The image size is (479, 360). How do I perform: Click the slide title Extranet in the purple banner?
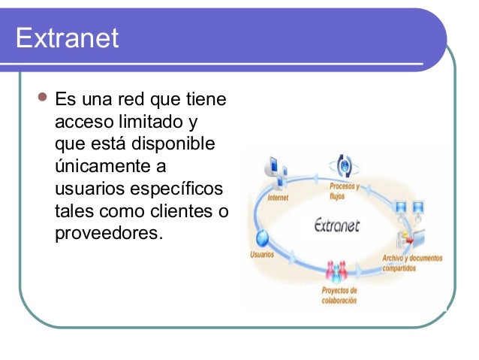(67, 38)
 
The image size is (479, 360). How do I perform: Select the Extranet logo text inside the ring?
(338, 225)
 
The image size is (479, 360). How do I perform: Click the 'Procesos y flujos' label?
(344, 191)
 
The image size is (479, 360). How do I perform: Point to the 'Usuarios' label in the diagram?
(261, 254)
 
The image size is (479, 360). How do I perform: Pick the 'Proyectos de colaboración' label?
(339, 295)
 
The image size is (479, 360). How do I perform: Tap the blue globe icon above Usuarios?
(263, 238)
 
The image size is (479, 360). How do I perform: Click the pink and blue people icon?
(336, 271)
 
